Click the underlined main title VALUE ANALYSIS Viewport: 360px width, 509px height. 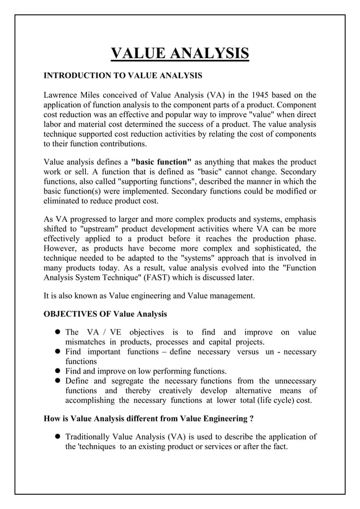tap(179, 54)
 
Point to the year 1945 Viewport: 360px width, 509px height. tap(264, 94)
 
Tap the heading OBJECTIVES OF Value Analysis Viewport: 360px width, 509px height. tap(105, 314)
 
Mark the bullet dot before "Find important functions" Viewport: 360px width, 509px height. tap(58, 352)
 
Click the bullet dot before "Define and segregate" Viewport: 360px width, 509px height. tap(58, 381)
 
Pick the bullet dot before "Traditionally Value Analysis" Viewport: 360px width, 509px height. tap(58, 437)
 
